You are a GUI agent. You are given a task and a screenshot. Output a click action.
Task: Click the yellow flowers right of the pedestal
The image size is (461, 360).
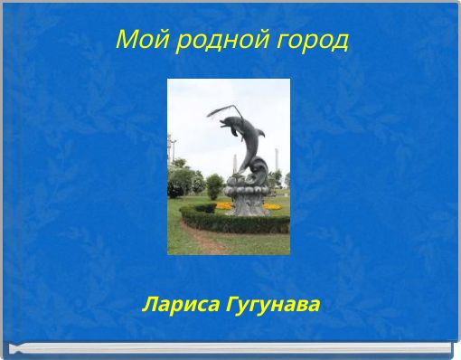click(x=272, y=207)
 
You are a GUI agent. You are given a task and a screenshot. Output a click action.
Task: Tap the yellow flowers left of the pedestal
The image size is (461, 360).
click(x=222, y=205)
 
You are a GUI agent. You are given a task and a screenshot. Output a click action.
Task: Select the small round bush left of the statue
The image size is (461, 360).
click(x=214, y=187)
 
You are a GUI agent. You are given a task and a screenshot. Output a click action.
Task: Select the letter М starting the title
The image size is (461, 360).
click(x=126, y=41)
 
